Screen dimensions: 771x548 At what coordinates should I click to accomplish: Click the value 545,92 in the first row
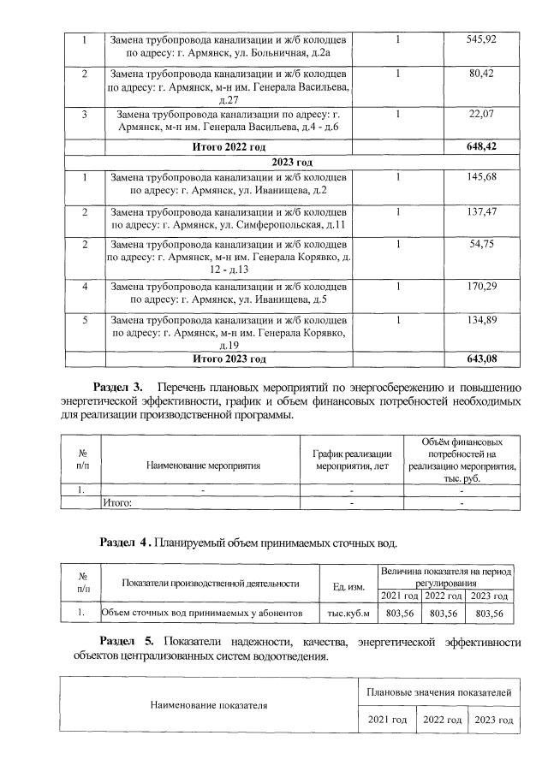click(483, 40)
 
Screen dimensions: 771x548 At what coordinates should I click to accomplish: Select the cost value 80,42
click(483, 74)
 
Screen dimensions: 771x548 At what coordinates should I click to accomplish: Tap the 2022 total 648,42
click(483, 147)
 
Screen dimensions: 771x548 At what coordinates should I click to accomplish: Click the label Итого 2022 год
click(229, 147)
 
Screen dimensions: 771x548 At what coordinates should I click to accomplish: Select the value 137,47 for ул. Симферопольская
click(483, 211)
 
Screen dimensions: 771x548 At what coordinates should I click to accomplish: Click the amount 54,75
click(483, 245)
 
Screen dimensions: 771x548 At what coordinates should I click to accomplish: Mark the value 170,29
click(483, 286)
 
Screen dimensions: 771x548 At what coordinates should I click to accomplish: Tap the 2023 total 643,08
click(483, 359)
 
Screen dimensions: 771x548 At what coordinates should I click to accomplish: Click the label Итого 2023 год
click(229, 359)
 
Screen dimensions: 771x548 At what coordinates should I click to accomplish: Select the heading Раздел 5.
click(126, 640)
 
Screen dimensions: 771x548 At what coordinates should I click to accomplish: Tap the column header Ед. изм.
click(347, 585)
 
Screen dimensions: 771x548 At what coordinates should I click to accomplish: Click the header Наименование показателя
click(208, 706)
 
